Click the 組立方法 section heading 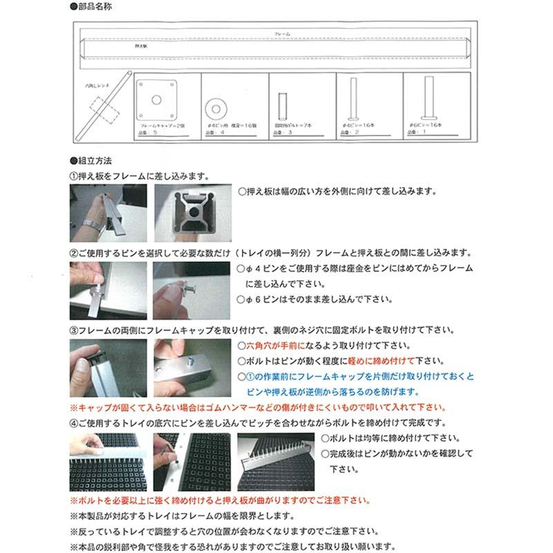click(93, 162)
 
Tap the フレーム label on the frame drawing click(281, 33)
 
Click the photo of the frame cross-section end click(190, 212)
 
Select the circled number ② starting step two click(75, 252)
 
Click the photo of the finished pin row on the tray click(276, 461)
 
